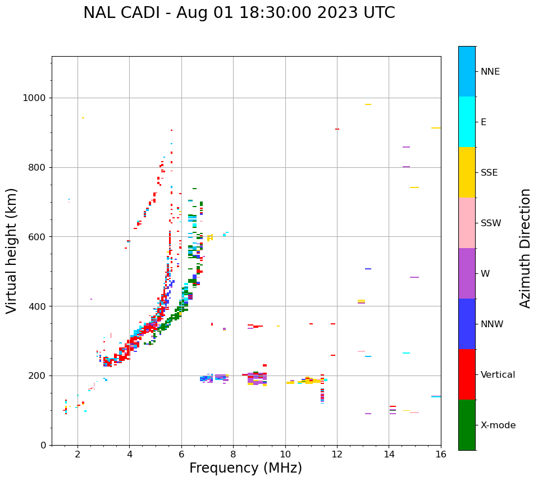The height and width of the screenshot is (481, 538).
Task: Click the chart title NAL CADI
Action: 239,13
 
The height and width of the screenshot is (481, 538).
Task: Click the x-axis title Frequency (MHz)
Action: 245,468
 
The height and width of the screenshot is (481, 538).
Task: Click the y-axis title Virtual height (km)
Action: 12,250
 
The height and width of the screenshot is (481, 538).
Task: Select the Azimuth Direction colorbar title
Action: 525,248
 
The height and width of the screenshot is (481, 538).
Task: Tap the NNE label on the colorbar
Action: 490,72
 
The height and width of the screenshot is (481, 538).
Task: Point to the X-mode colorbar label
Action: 498,425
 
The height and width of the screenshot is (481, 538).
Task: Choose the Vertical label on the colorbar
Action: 498,375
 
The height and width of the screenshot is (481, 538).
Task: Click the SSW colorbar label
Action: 491,223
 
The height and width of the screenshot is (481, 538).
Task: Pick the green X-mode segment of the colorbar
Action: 467,425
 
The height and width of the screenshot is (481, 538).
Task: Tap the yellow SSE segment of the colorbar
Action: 467,172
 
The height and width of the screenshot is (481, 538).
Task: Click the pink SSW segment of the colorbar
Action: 467,223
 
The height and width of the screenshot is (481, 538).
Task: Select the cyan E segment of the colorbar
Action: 467,122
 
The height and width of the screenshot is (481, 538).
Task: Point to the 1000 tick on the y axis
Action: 35,98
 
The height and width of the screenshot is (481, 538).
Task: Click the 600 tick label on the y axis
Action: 38,237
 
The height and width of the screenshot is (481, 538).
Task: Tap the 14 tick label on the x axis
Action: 389,454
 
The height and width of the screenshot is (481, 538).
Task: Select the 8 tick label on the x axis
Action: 233,454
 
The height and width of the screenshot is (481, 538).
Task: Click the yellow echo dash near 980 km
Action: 368,104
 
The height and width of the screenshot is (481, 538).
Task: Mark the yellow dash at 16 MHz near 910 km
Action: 436,128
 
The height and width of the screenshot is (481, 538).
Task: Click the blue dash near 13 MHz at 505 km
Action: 368,269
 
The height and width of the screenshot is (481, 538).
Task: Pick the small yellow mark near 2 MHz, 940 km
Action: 83,118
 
